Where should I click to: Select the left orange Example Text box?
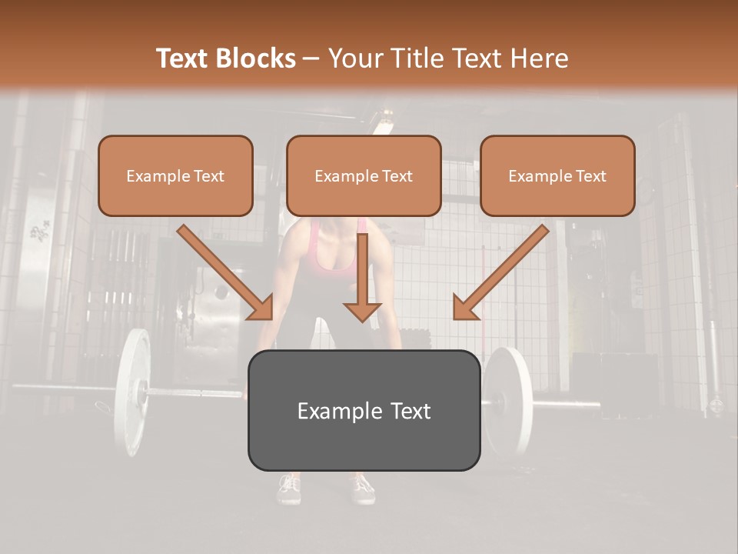[x=175, y=175]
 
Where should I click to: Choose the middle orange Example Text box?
[x=364, y=175]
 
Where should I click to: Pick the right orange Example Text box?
[x=557, y=175]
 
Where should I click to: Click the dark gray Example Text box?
[x=364, y=410]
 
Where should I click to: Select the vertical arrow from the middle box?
[x=362, y=278]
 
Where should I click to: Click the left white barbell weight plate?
[x=132, y=392]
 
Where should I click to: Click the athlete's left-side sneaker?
[x=289, y=488]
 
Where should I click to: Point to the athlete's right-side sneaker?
[x=361, y=488]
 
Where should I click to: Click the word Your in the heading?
[x=351, y=58]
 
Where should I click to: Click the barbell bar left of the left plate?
[x=61, y=387]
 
